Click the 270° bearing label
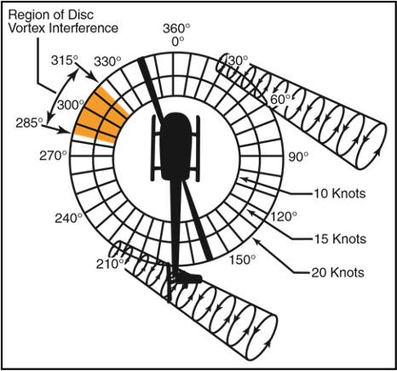(53, 156)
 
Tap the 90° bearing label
(298, 157)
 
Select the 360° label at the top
(176, 28)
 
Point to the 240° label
(68, 219)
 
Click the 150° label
(242, 260)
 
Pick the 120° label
(283, 217)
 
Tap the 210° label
(110, 264)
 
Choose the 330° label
(107, 61)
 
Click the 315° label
(65, 60)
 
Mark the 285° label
(29, 123)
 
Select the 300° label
(71, 105)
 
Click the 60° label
(280, 100)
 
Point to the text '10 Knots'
(339, 193)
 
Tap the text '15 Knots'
(340, 239)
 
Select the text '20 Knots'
(338, 272)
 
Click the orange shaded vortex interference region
(101, 116)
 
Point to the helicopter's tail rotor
(170, 283)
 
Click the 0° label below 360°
(178, 42)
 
